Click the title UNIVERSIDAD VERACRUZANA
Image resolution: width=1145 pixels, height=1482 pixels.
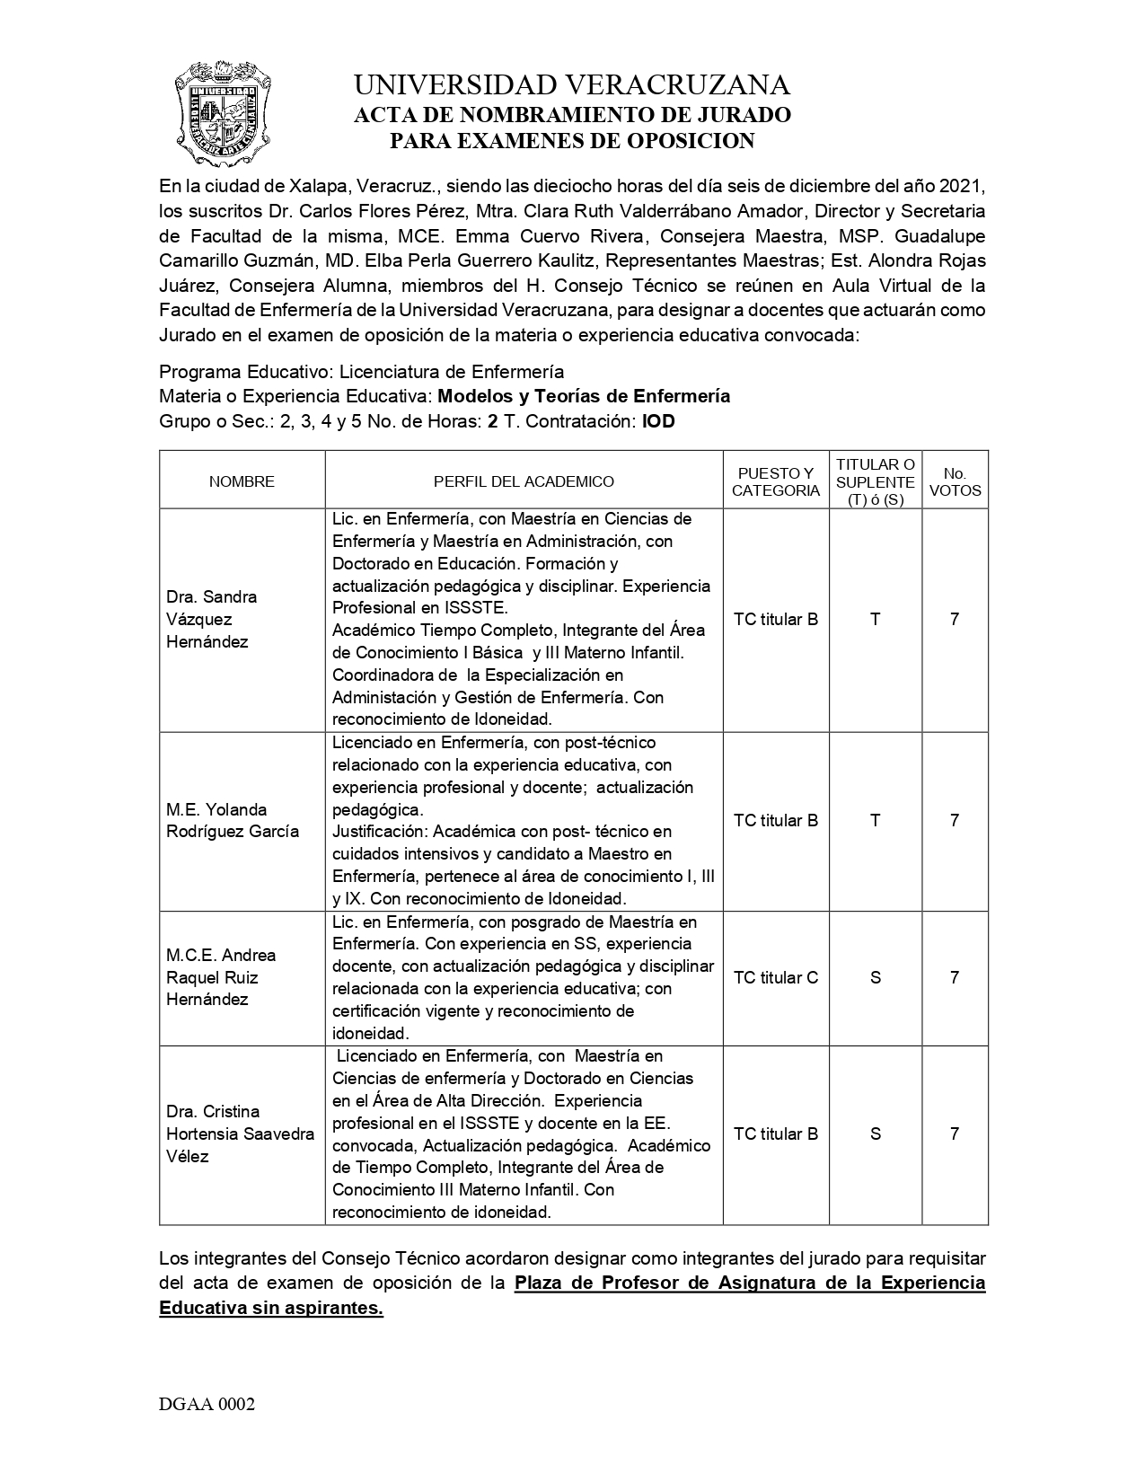pos(572,85)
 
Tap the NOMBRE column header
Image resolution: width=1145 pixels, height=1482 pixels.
pos(242,481)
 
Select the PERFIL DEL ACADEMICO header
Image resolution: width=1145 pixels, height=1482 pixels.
pos(524,481)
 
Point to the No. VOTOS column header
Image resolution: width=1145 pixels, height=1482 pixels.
pos(955,481)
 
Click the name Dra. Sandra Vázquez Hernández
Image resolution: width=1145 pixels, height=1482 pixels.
pos(212,619)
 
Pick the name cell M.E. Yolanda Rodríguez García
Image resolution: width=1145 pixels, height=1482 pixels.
pos(232,820)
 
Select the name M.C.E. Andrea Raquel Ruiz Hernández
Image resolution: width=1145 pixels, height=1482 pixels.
pos(221,977)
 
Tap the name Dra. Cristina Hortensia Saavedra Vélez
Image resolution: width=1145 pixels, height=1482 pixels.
pos(240,1134)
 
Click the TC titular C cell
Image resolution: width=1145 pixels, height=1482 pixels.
pos(776,977)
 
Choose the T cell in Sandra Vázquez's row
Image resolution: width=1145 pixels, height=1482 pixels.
pos(876,619)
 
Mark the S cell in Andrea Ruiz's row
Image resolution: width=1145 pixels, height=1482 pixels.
pos(876,977)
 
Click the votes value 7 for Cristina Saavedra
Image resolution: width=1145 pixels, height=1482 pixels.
pos(955,1134)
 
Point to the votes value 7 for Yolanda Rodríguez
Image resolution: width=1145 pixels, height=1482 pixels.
pos(955,820)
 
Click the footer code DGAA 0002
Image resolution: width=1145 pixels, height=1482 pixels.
pos(207,1405)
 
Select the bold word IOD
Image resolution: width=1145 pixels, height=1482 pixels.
pos(658,421)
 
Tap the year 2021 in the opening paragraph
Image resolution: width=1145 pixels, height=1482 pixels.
pos(963,187)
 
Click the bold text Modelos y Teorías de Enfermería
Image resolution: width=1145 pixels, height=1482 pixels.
pos(584,396)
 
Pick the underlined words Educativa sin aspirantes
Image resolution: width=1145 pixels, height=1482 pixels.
pos(271,1308)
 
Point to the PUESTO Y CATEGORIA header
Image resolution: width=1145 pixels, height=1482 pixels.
pos(776,481)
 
